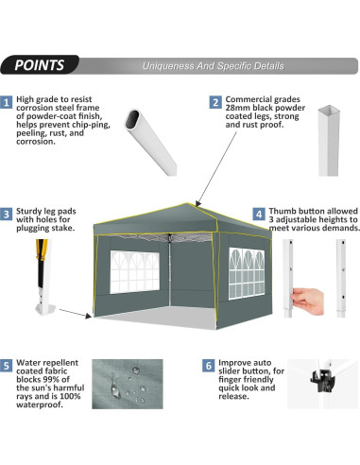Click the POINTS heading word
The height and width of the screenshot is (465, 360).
click(x=40, y=66)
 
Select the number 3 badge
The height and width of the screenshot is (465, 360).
click(x=8, y=215)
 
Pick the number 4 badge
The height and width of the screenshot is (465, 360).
click(x=259, y=215)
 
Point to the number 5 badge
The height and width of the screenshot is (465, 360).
click(x=8, y=363)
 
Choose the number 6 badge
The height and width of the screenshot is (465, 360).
click(x=208, y=363)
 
